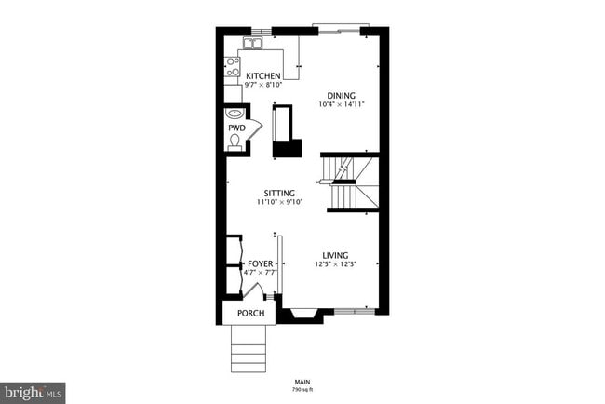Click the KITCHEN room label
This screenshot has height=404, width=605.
262,75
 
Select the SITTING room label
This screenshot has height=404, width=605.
278,193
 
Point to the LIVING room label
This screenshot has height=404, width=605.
335,255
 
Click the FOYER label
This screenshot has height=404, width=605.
261,264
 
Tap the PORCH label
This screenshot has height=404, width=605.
250,313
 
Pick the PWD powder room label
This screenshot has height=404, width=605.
235,128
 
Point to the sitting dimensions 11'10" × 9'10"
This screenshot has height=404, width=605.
278,202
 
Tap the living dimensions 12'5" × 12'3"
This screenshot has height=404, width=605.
335,264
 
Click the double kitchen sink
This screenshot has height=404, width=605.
253,44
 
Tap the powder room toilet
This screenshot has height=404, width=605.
235,142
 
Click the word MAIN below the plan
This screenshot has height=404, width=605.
302,380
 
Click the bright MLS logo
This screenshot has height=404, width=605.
34,392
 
